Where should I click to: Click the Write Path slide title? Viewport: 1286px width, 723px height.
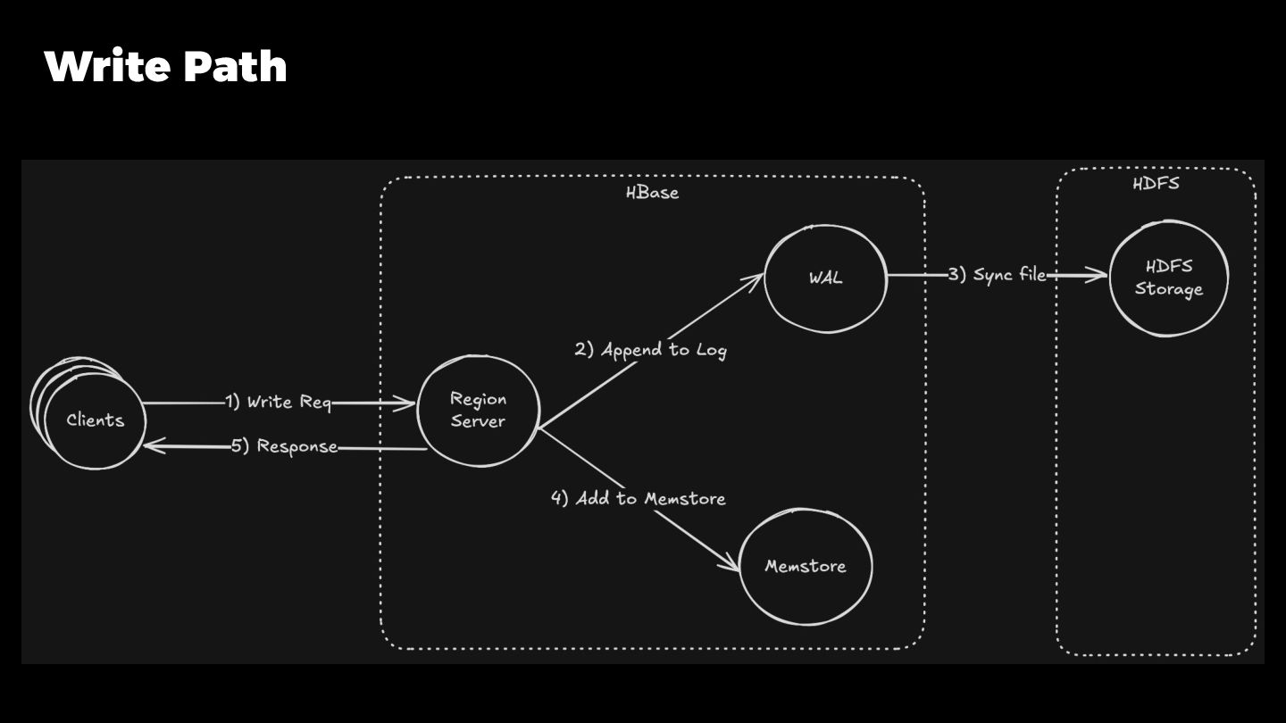165,67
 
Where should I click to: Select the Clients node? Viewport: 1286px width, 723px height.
95,420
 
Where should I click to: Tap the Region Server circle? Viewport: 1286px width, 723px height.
478,411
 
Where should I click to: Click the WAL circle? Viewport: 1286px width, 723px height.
825,277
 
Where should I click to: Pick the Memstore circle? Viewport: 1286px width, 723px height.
805,566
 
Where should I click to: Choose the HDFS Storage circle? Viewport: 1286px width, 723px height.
1168,278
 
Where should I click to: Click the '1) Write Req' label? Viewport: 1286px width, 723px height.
278,403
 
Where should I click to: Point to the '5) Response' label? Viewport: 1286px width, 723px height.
285,446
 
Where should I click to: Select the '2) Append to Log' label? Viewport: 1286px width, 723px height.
650,350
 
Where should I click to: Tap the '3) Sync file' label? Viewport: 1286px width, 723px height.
997,275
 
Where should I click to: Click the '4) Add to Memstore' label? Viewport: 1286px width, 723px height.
639,498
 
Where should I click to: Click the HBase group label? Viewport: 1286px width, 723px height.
652,192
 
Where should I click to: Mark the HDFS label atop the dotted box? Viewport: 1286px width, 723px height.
1156,184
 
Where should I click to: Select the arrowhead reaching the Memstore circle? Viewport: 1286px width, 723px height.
731,564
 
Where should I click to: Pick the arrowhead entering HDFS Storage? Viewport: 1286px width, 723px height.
1100,276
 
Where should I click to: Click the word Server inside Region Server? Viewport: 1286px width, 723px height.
478,421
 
